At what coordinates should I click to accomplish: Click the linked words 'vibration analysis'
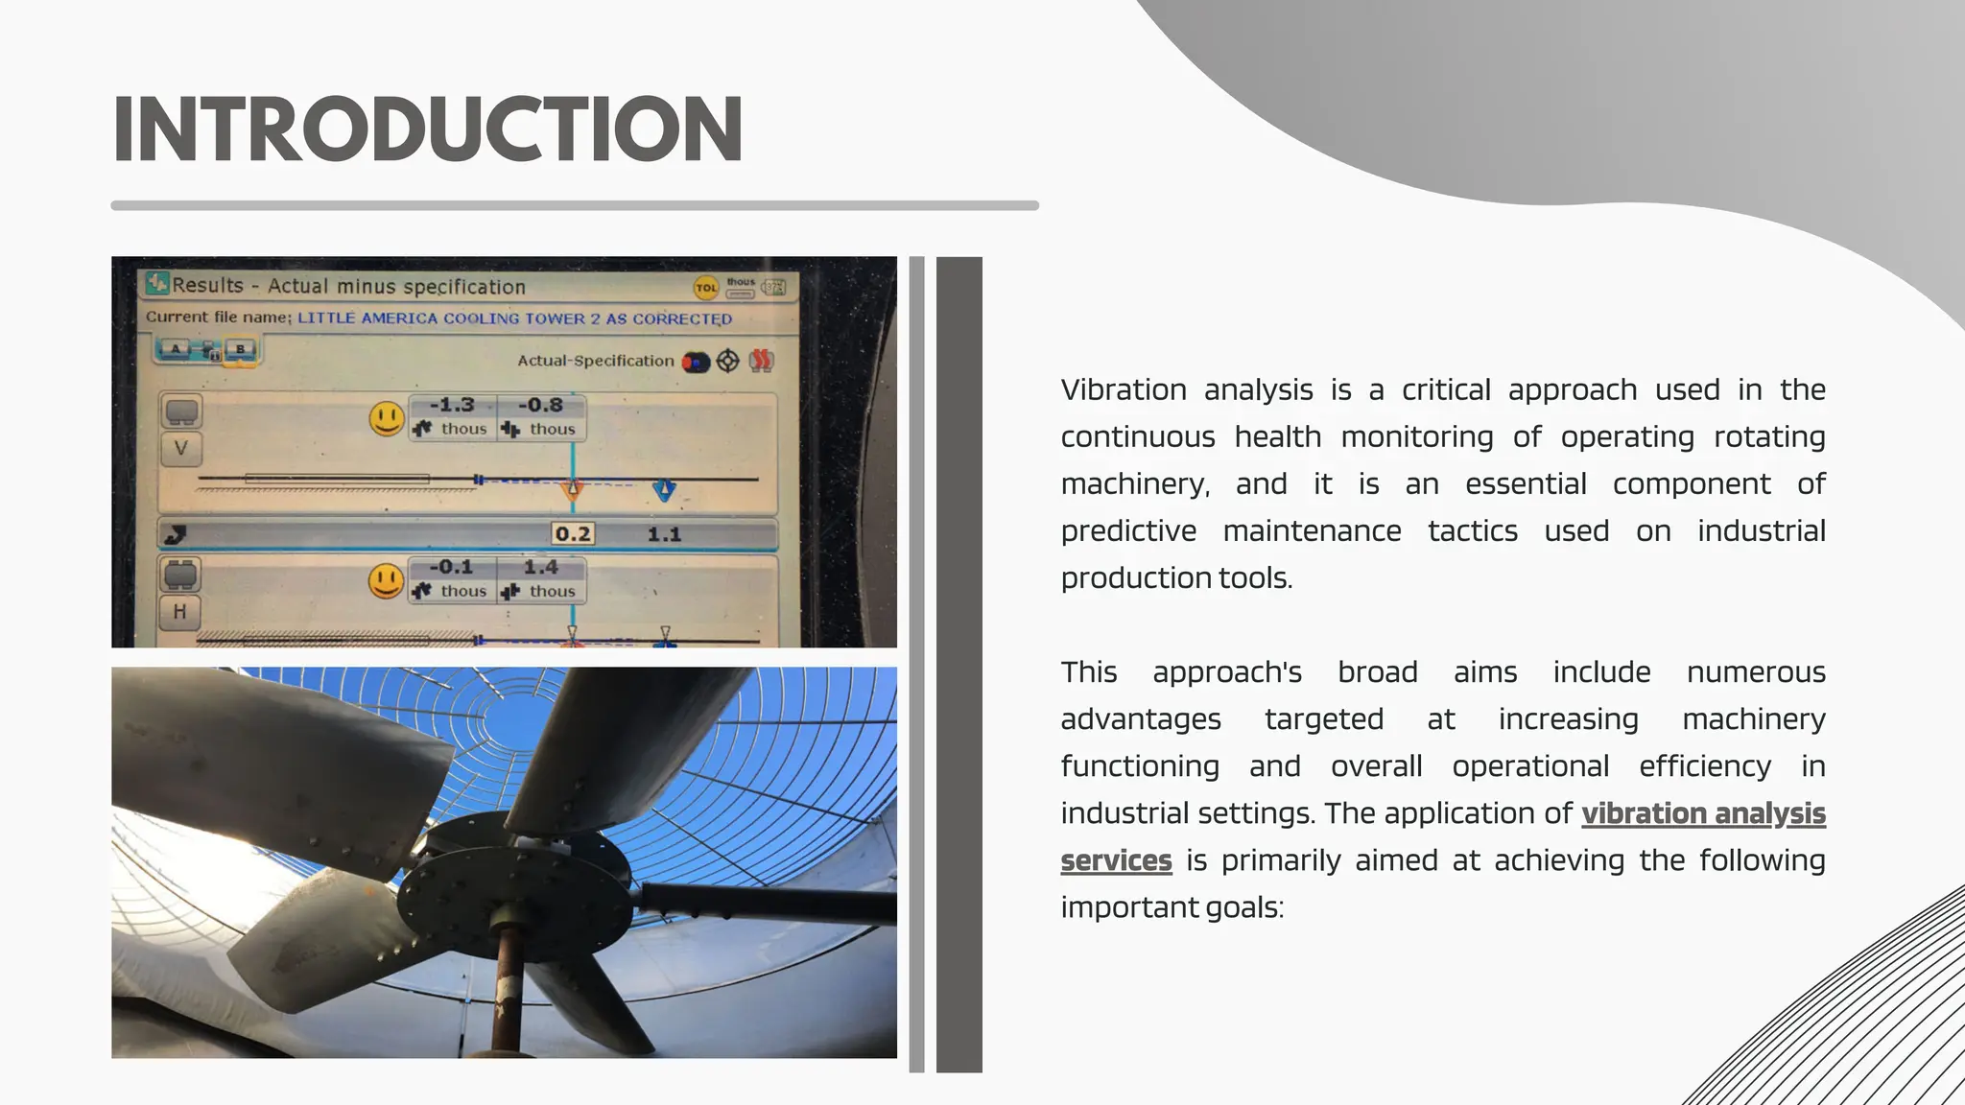click(x=1703, y=813)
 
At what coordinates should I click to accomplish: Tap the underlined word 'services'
click(x=1116, y=860)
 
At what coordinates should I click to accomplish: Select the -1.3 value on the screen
click(x=452, y=406)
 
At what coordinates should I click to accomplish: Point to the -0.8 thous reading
click(x=541, y=416)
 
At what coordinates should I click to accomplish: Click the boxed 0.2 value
click(x=573, y=534)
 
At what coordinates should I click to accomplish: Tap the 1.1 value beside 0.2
click(x=664, y=534)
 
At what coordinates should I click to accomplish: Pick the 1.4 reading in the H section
click(x=541, y=568)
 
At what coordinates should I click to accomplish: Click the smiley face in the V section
click(x=387, y=418)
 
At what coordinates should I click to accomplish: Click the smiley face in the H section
click(x=386, y=580)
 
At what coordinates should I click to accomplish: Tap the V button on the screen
click(x=181, y=448)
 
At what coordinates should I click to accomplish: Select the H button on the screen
click(x=180, y=611)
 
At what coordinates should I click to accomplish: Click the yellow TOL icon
click(x=705, y=287)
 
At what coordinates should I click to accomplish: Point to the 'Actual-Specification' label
click(x=595, y=361)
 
